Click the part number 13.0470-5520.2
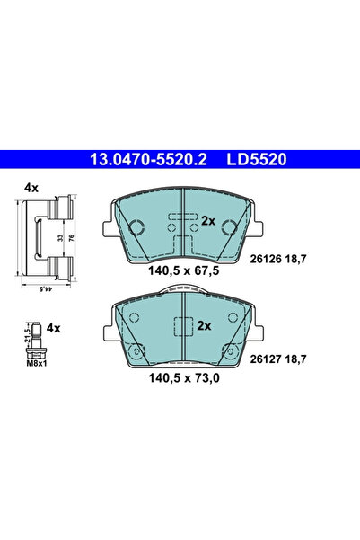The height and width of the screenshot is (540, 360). click(148, 158)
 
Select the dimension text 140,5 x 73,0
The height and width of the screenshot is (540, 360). click(182, 376)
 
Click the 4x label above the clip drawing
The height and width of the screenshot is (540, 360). click(31, 188)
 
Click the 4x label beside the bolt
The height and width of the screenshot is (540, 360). click(53, 328)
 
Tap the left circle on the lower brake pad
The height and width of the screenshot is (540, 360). click(132, 350)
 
